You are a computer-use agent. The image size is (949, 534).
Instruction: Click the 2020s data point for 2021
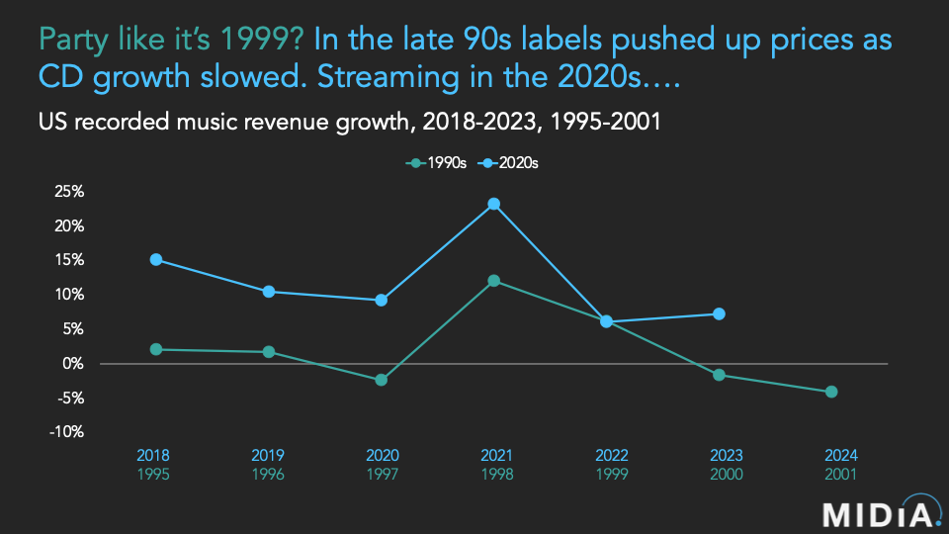pos(494,204)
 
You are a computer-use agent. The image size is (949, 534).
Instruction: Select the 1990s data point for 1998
pos(494,281)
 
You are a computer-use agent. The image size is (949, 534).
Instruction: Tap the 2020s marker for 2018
pos(156,259)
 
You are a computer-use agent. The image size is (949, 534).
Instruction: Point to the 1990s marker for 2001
pos(831,392)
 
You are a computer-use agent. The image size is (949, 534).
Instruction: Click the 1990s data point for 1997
pos(382,380)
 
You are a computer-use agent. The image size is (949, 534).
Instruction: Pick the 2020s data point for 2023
pos(720,313)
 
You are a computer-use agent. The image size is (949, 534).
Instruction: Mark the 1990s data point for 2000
pos(720,375)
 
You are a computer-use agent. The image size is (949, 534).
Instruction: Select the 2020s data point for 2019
pos(269,292)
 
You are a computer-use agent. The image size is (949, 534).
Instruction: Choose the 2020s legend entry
pos(508,163)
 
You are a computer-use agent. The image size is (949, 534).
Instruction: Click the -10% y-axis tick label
pos(67,432)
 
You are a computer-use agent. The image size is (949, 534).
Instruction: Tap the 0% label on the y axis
pos(74,363)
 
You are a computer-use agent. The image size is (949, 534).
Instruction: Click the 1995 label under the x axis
pos(152,474)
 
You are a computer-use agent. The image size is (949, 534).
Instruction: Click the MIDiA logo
pos(878,514)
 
